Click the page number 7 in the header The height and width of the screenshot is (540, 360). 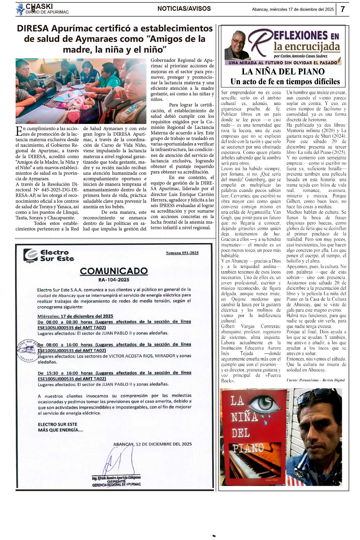coord(343,9)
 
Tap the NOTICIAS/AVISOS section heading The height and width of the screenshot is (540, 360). coord(184,9)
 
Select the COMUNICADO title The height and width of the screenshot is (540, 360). coord(114,271)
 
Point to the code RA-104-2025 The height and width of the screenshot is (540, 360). coord(114,280)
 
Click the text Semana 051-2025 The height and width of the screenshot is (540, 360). coord(182,253)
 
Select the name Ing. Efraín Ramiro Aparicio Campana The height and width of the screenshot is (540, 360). coord(116,478)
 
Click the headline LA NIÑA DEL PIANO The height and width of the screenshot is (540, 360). coord(283,72)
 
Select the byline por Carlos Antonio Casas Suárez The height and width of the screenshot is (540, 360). coord(300,56)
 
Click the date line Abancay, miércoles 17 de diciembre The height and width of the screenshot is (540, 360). coord(293,9)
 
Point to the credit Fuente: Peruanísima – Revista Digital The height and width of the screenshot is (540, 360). coord(315,380)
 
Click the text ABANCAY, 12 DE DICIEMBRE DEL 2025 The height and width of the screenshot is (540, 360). coord(152,444)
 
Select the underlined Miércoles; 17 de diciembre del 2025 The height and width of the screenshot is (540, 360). coord(75,316)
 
